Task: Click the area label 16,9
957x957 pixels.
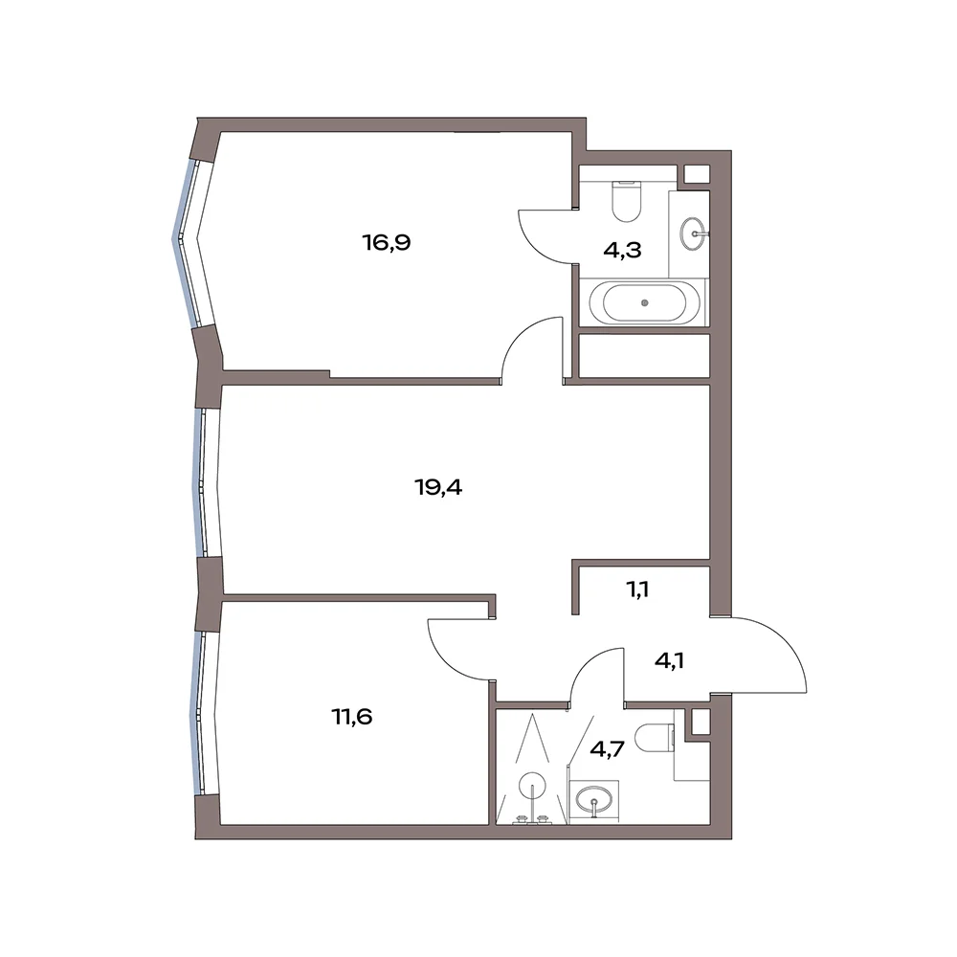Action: [x=387, y=243]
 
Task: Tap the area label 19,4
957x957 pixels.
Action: [x=438, y=487]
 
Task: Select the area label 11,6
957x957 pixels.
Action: [x=351, y=716]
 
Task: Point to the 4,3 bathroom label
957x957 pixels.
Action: [x=622, y=250]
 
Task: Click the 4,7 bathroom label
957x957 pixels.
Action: [x=608, y=748]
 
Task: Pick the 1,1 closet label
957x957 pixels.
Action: [x=637, y=590]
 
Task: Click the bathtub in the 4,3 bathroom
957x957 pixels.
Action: [x=644, y=302]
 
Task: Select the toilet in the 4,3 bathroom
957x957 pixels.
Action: [x=626, y=200]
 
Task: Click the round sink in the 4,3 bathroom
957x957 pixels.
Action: [x=695, y=233]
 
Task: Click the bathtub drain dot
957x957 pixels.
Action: [x=644, y=302]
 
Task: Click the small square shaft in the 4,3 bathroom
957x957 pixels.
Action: [x=697, y=174]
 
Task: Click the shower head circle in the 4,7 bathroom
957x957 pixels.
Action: [x=532, y=786]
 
